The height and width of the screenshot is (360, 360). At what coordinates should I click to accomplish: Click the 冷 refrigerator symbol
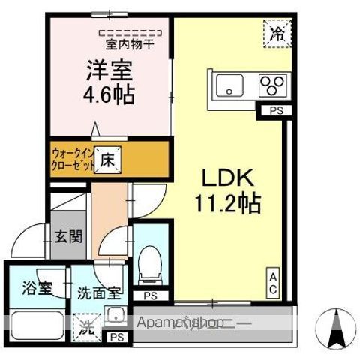click(x=277, y=34)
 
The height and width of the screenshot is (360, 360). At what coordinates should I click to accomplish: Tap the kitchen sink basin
click(x=227, y=85)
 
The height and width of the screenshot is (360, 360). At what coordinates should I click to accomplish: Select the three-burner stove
click(x=271, y=85)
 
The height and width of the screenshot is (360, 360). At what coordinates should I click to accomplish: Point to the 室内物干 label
click(x=130, y=44)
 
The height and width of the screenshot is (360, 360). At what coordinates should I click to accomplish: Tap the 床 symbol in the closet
click(x=106, y=160)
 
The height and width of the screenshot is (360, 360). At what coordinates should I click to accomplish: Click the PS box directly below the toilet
click(x=151, y=295)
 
